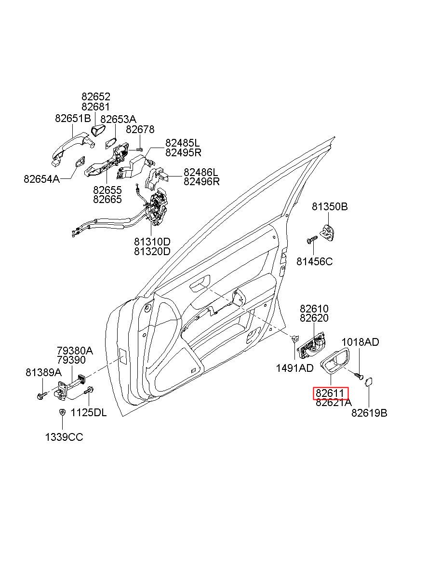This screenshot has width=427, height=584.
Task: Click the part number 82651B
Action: (73, 119)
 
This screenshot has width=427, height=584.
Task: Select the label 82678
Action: (140, 129)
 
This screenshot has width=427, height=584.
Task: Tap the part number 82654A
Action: (41, 179)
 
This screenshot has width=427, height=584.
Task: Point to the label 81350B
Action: (330, 207)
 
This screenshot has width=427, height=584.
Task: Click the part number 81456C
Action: (314, 261)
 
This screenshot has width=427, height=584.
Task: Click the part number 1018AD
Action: (360, 342)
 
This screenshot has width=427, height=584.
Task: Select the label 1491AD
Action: (294, 368)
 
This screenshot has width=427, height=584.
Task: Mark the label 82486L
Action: (200, 172)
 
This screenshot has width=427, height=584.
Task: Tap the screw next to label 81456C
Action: (312, 239)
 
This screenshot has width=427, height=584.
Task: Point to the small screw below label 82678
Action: (140, 149)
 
